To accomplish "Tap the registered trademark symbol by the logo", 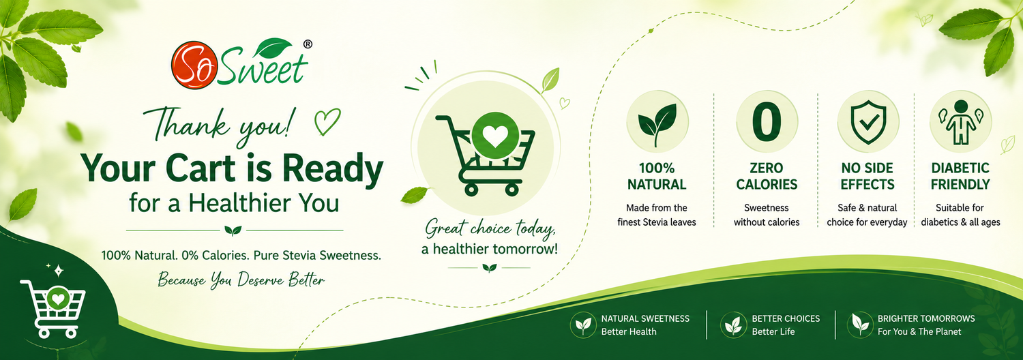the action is coord(308,44).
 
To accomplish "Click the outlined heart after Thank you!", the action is coord(327,121).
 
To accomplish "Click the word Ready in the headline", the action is coord(333,170).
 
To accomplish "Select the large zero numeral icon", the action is coord(767,121).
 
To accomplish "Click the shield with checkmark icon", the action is coord(868,123).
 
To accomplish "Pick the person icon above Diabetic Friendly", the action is coord(960,121).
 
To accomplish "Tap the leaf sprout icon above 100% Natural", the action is coord(657,124).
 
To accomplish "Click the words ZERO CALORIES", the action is coord(767,177).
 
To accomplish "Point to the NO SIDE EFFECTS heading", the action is coord(868,177).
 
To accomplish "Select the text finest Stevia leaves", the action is coord(657,222).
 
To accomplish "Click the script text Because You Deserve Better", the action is coord(241,279).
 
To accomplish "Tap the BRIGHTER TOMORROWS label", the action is coord(926,318).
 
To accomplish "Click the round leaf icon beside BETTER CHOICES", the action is coord(733,325).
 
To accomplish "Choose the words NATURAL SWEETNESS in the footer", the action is coord(645,318).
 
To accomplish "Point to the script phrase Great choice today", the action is coord(490,228).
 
